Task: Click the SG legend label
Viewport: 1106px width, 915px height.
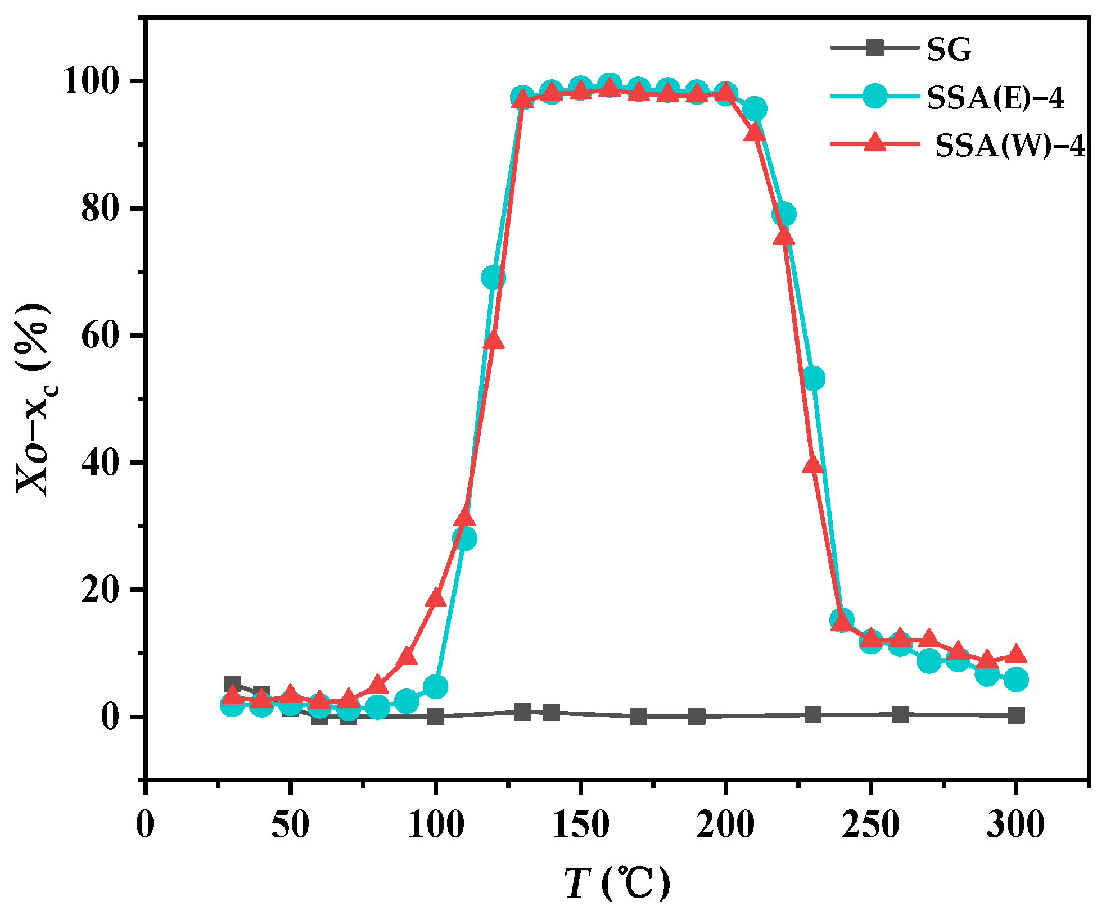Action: (x=949, y=49)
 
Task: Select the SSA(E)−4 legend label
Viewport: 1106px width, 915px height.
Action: (x=996, y=98)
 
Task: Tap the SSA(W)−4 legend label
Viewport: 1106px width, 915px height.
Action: (x=1010, y=146)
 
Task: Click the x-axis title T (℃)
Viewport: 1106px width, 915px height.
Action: (x=617, y=884)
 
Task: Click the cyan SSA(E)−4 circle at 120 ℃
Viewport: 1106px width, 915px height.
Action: (x=493, y=277)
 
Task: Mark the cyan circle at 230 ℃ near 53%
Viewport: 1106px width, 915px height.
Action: (x=812, y=379)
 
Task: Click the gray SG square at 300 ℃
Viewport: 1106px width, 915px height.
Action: (x=1015, y=715)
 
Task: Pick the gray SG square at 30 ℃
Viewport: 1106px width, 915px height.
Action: (x=232, y=684)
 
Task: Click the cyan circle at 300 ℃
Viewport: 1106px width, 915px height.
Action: (x=1015, y=680)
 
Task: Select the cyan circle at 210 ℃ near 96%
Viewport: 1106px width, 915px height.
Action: (x=755, y=109)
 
